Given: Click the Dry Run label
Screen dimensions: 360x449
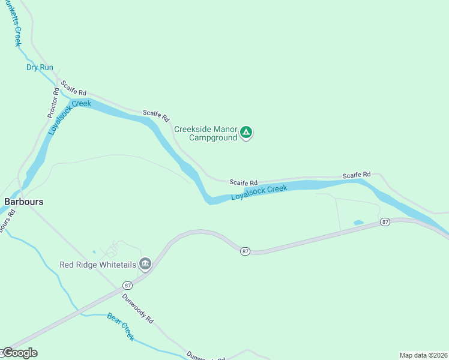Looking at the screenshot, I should coord(40,67).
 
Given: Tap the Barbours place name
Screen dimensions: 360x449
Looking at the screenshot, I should coord(24,202).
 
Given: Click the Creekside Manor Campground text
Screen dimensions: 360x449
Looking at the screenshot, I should coord(205,133).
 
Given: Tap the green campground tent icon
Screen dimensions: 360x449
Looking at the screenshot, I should coord(246,133).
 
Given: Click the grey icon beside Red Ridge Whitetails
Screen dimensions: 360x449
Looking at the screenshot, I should coord(145,264).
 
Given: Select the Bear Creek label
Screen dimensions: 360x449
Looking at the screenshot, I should coord(121,326).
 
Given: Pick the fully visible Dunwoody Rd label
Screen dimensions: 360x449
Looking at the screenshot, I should coord(137,308).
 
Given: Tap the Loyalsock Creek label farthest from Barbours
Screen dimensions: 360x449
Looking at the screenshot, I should coord(259,192).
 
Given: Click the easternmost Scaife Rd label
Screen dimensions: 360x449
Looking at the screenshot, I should coord(357,175).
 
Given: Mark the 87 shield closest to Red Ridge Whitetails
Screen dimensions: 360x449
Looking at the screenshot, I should coord(127,285).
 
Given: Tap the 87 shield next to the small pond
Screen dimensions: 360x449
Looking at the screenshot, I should coord(385,222).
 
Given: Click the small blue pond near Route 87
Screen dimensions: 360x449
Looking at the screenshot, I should coord(358,223).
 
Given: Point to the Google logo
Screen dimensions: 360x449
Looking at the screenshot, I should coord(19,353).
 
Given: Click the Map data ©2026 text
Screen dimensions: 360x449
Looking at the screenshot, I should coord(423,355).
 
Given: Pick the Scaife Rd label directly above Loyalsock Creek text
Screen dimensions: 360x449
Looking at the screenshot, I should coord(243,182).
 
